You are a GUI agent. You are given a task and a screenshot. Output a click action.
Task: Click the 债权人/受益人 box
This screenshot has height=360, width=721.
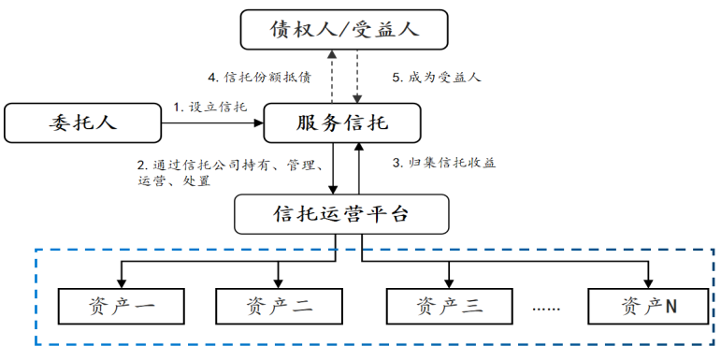pos(343,29)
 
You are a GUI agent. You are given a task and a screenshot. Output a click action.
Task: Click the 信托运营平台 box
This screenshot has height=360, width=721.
pos(340,214)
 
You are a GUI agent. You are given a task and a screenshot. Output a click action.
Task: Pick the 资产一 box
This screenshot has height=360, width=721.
pos(121,305)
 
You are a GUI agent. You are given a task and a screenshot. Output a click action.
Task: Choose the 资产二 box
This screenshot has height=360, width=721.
pos(278,305)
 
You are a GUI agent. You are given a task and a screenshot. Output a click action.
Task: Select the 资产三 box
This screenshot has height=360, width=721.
pos(449,305)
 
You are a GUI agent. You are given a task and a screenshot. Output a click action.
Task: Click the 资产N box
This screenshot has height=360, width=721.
pos(648,305)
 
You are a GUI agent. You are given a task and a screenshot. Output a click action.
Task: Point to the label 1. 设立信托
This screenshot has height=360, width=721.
pos(210,108)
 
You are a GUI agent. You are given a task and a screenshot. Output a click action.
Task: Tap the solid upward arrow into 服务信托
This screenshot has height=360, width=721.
pos(359,168)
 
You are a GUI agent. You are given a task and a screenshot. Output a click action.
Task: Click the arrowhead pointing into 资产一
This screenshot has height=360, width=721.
pos(121,280)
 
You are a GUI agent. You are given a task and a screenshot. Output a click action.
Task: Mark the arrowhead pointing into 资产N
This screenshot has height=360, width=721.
pos(648,280)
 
